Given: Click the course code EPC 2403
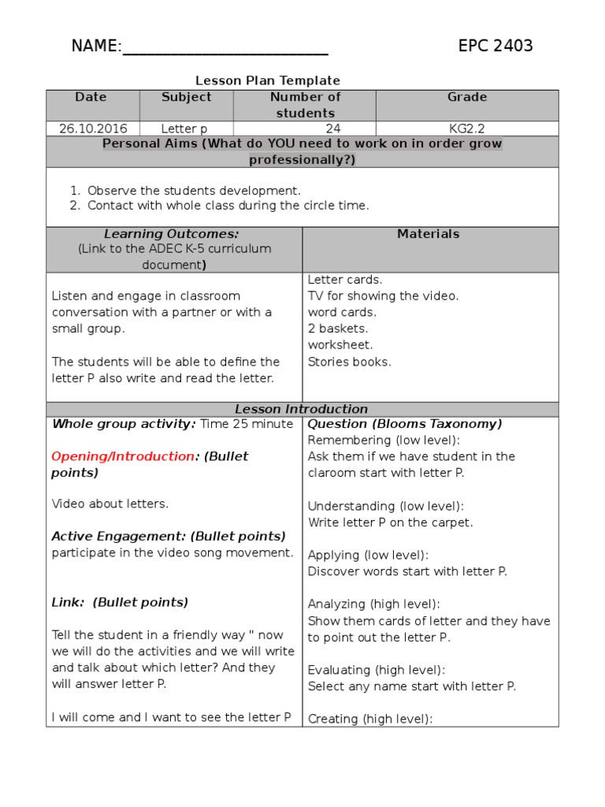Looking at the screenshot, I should click(x=496, y=46).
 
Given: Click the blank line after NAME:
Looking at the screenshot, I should click(x=225, y=49).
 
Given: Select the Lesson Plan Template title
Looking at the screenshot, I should click(x=268, y=80).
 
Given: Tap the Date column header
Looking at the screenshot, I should click(x=91, y=97).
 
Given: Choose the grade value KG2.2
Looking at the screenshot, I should click(x=467, y=128).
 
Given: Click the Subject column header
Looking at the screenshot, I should click(x=186, y=97).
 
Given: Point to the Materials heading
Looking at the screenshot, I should click(x=428, y=234).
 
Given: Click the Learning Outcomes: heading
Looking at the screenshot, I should click(x=171, y=234).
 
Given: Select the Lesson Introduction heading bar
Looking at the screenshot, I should click(x=302, y=409).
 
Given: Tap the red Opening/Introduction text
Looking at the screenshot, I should click(x=123, y=456).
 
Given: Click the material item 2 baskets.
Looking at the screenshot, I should click(x=338, y=329).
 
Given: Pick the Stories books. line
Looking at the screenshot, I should click(x=349, y=362).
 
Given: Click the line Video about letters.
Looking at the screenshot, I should click(x=110, y=504).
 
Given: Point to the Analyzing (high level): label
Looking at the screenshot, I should click(x=373, y=604).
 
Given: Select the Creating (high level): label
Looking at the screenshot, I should click(x=370, y=719).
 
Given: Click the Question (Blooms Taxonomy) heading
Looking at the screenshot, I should click(x=404, y=424).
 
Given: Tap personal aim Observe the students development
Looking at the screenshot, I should click(x=194, y=191).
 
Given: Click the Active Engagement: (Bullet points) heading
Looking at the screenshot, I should click(x=169, y=537).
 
